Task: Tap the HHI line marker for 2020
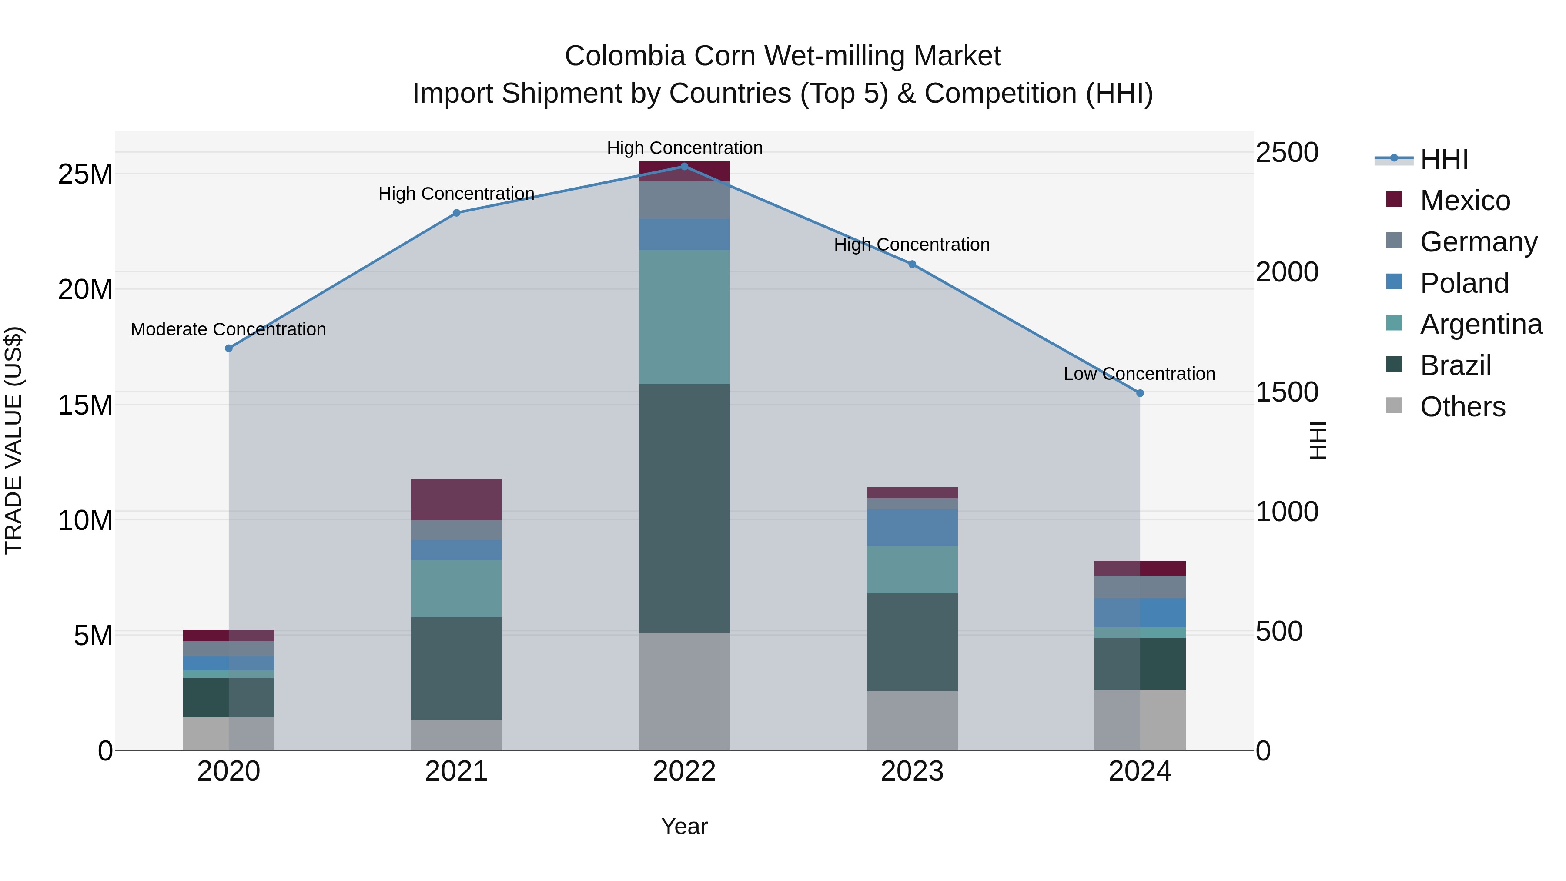228,348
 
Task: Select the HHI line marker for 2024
1140,393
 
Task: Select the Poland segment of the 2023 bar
912,527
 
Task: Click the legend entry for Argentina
1480,324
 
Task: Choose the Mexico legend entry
1465,201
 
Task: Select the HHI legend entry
1444,159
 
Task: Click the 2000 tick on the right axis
1287,272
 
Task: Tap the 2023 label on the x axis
912,771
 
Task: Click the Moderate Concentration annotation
228,329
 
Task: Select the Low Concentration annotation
1139,373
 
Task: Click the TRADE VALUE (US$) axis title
13,440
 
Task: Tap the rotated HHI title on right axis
1317,440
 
